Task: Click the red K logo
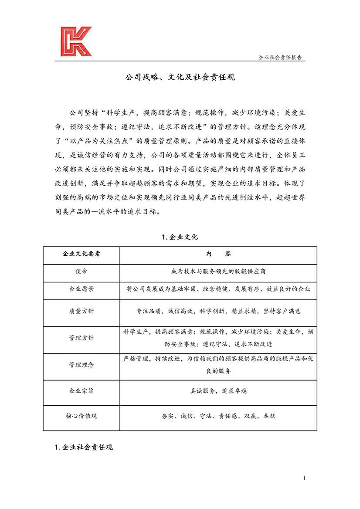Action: pos(76,41)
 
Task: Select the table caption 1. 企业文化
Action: pos(180,237)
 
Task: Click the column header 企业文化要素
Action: pos(82,254)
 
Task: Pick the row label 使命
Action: pos(82,271)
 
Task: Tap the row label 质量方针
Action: pos(82,311)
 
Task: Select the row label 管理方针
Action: pos(82,338)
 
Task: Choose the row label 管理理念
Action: pos(82,364)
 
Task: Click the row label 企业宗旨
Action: pos(82,391)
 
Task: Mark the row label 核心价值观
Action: pos(82,416)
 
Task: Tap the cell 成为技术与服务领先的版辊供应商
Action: pos(218,271)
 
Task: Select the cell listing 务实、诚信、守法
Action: pos(218,416)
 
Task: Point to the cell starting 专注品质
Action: pos(218,311)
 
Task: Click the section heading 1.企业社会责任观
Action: pos(84,447)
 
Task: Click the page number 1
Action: pos(304,478)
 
